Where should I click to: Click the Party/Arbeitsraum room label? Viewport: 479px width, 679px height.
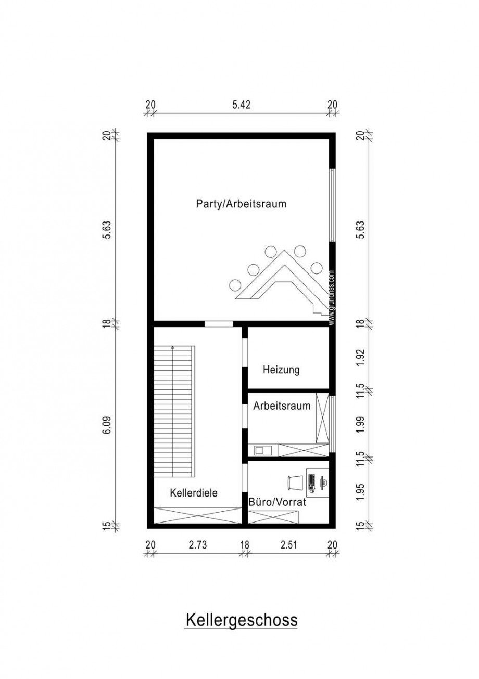(241, 204)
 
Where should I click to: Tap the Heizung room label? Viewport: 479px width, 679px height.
(281, 370)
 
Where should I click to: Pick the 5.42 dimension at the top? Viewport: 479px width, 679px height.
(241, 105)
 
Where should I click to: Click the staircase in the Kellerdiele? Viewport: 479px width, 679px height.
(173, 412)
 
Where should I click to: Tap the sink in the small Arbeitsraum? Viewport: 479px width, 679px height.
(259, 450)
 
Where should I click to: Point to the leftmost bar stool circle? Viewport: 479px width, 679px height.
(235, 284)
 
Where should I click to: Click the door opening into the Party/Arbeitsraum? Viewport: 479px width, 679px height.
(219, 324)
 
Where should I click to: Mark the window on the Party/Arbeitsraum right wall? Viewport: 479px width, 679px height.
(332, 205)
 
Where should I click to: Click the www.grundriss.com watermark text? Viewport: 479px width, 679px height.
(332, 298)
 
